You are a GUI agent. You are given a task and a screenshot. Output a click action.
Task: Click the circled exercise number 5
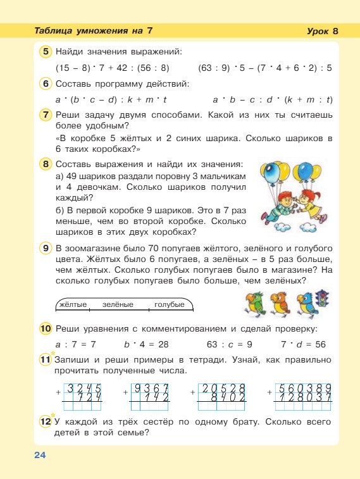coord(46,51)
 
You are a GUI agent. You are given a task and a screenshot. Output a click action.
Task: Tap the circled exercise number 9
coord(46,248)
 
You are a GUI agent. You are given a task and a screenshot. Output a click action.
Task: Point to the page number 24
coord(40,455)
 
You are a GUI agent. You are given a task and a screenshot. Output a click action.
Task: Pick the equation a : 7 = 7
coord(75,344)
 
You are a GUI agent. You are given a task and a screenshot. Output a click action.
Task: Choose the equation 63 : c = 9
coord(230,344)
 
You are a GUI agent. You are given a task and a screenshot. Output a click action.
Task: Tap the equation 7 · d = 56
coord(302,344)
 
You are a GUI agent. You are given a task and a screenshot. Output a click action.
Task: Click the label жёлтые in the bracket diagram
coord(72,305)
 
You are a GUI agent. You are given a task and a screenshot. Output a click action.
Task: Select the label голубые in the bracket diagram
coord(170,305)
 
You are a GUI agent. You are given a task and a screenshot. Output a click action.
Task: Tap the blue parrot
coord(306,303)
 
